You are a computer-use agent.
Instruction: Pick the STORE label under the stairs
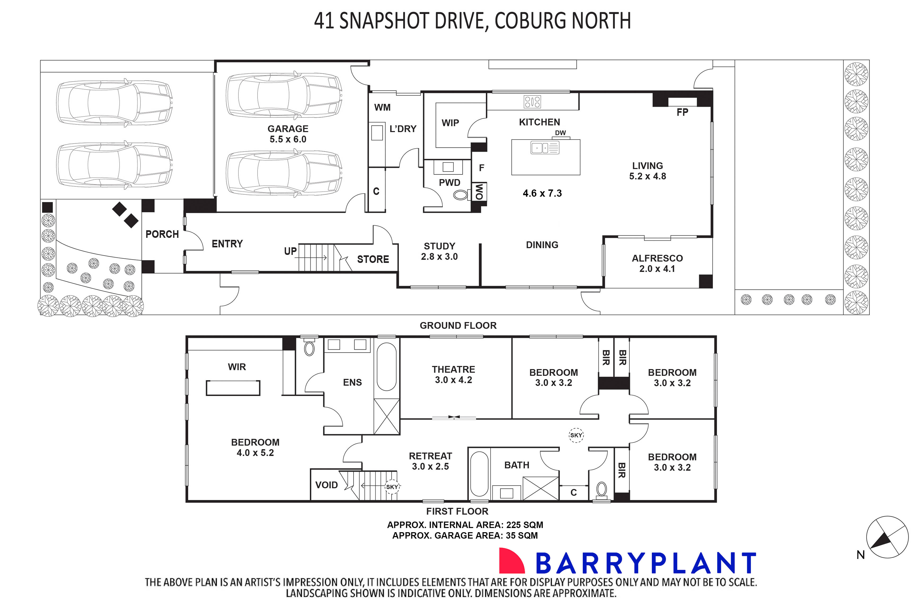coord(373,259)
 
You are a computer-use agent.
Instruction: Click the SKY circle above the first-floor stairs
coord(392,487)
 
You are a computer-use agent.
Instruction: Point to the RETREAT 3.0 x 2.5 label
coord(430,461)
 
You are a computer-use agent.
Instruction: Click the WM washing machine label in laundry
coord(382,107)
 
